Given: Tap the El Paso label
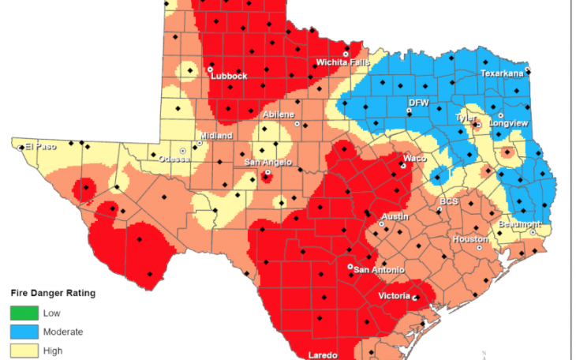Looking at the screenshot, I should [x=39, y=146].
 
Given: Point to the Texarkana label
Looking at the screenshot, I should [x=502, y=73].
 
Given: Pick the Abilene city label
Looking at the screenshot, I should [x=278, y=114].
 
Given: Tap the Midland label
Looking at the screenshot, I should [x=215, y=136].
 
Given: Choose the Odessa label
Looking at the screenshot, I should [x=174, y=159].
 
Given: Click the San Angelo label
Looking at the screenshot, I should [x=267, y=163].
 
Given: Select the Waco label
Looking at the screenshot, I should [x=415, y=158].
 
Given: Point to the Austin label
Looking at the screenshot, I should [x=395, y=216].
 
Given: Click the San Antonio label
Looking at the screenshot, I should [x=372, y=270].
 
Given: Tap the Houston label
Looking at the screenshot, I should [x=470, y=238].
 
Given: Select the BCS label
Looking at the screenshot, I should [x=448, y=201].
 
